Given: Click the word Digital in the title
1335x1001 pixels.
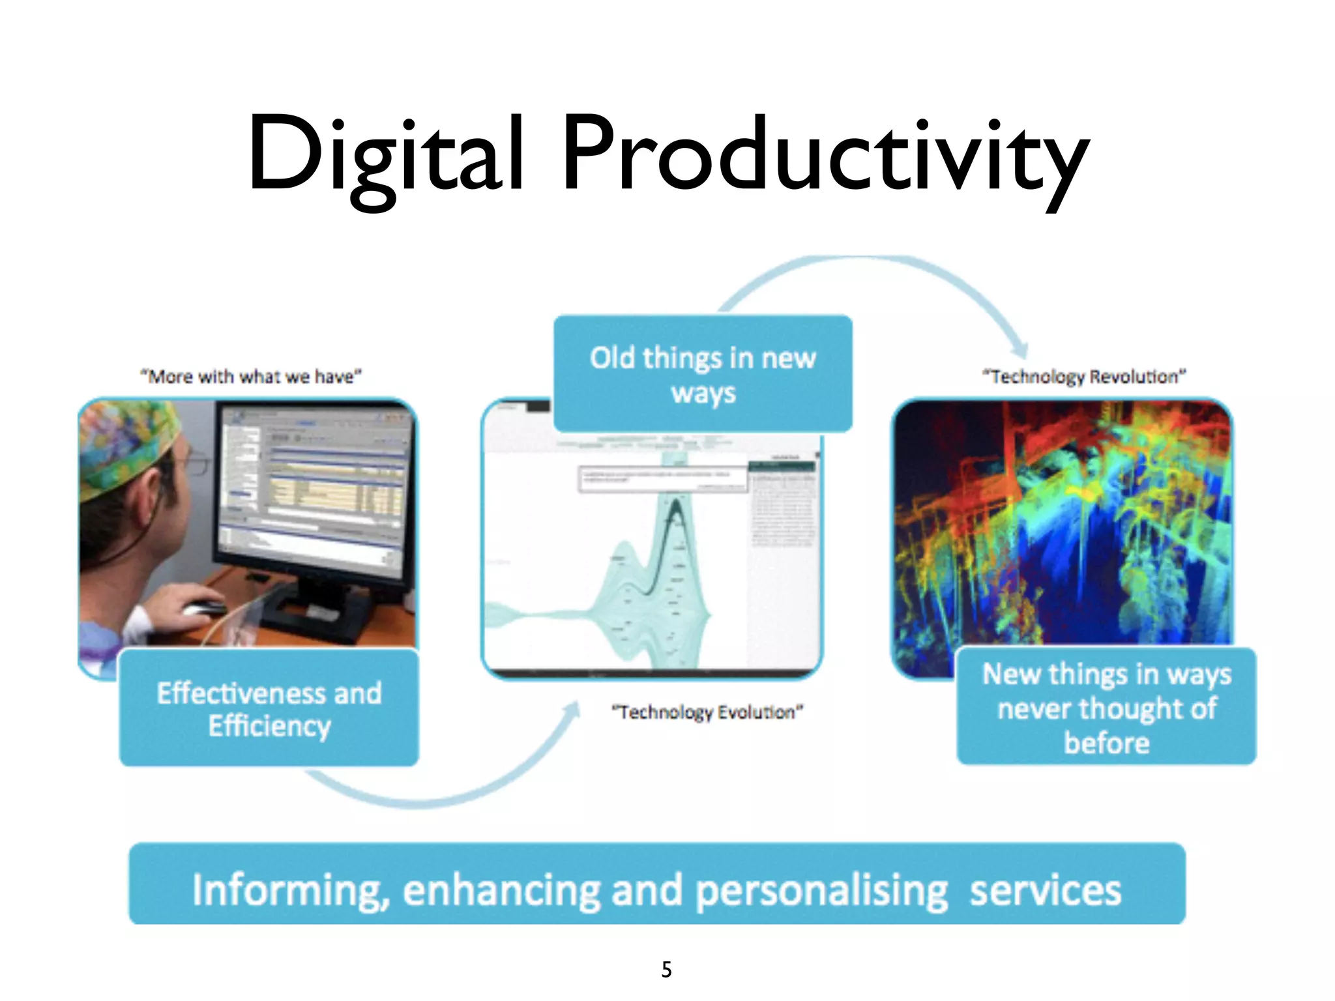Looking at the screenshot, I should coord(385,156).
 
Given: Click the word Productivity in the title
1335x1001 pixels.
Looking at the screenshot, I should coord(825,156).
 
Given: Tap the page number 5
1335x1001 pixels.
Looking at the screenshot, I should coord(666,969).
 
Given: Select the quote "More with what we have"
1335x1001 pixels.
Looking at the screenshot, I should coord(251,377).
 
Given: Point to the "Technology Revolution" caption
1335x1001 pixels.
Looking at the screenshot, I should coord(1084,377).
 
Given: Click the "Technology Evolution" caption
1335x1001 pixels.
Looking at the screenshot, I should coord(707,712).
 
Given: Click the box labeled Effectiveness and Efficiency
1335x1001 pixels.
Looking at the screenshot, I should coord(269,709).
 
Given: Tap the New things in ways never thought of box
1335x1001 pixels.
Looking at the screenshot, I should coord(1106,708).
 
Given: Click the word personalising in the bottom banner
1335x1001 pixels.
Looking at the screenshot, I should coord(821,891).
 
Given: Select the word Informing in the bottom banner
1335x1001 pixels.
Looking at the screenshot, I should coord(287,891).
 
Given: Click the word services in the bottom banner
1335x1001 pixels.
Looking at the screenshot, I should coord(1045,891).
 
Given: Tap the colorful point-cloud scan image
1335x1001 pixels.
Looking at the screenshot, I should coord(1063,521).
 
